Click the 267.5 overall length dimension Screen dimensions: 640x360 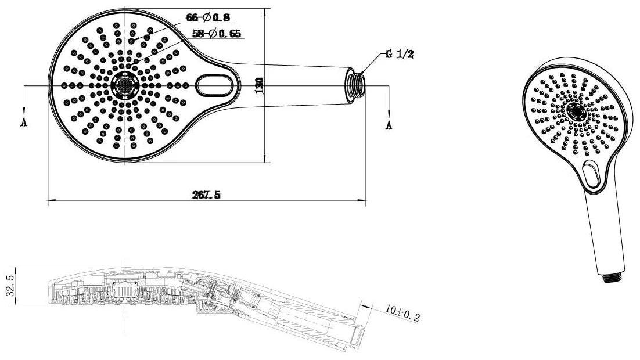(x=206, y=195)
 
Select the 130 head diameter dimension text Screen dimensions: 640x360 (x=259, y=86)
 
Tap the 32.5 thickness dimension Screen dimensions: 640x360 (x=10, y=285)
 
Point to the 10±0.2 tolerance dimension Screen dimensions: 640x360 (x=402, y=313)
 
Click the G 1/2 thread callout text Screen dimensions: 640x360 (x=400, y=54)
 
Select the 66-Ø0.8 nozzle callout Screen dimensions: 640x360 (x=208, y=17)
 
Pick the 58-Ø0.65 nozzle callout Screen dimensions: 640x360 (x=217, y=34)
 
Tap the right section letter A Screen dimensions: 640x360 (x=389, y=125)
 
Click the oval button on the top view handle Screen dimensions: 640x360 (x=215, y=85)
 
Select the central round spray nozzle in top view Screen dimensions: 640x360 (x=125, y=85)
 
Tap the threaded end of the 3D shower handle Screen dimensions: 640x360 (x=613, y=276)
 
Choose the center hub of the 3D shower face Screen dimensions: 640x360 (x=576, y=111)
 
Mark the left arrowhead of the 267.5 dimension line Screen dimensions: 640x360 (x=52, y=200)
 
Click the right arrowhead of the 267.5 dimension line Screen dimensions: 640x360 (x=362, y=200)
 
